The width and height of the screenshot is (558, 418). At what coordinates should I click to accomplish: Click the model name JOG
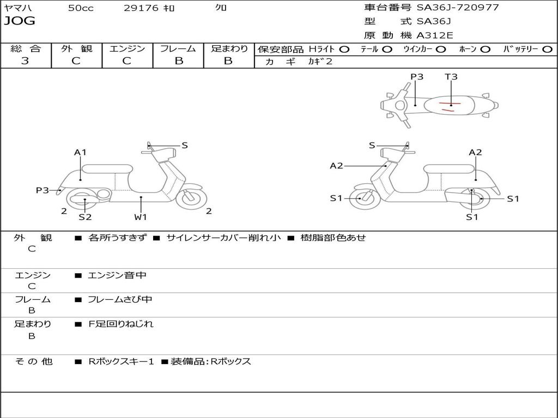point(20,21)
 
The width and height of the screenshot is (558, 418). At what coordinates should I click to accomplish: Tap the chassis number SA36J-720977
point(458,7)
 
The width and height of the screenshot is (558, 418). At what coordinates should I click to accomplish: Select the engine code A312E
point(435,35)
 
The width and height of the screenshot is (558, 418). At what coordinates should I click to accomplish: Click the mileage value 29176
point(141,8)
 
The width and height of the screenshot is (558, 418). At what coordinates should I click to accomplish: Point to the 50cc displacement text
point(81,8)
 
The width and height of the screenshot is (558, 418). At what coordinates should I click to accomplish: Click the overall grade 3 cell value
point(25,60)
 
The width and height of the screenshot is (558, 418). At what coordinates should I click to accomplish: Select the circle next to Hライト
point(344,50)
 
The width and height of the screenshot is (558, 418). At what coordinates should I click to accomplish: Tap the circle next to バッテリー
point(548,50)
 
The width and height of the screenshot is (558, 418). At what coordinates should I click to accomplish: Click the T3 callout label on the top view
point(451,76)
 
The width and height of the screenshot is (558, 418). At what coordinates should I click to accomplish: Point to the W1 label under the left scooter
point(141,217)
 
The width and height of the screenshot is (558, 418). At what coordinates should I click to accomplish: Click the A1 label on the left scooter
point(80,152)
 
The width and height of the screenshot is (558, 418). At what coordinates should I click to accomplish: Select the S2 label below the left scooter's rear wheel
point(85,217)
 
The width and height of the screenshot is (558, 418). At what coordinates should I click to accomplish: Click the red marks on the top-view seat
point(449,106)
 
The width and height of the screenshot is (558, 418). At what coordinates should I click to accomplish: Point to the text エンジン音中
point(117,275)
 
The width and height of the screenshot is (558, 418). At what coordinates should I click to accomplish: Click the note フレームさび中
point(120,299)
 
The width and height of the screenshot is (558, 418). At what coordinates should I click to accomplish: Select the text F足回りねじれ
point(120,324)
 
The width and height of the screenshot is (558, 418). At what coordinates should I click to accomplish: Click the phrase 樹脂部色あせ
point(333,237)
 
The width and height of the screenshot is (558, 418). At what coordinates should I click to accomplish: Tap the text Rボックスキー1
point(121,361)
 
